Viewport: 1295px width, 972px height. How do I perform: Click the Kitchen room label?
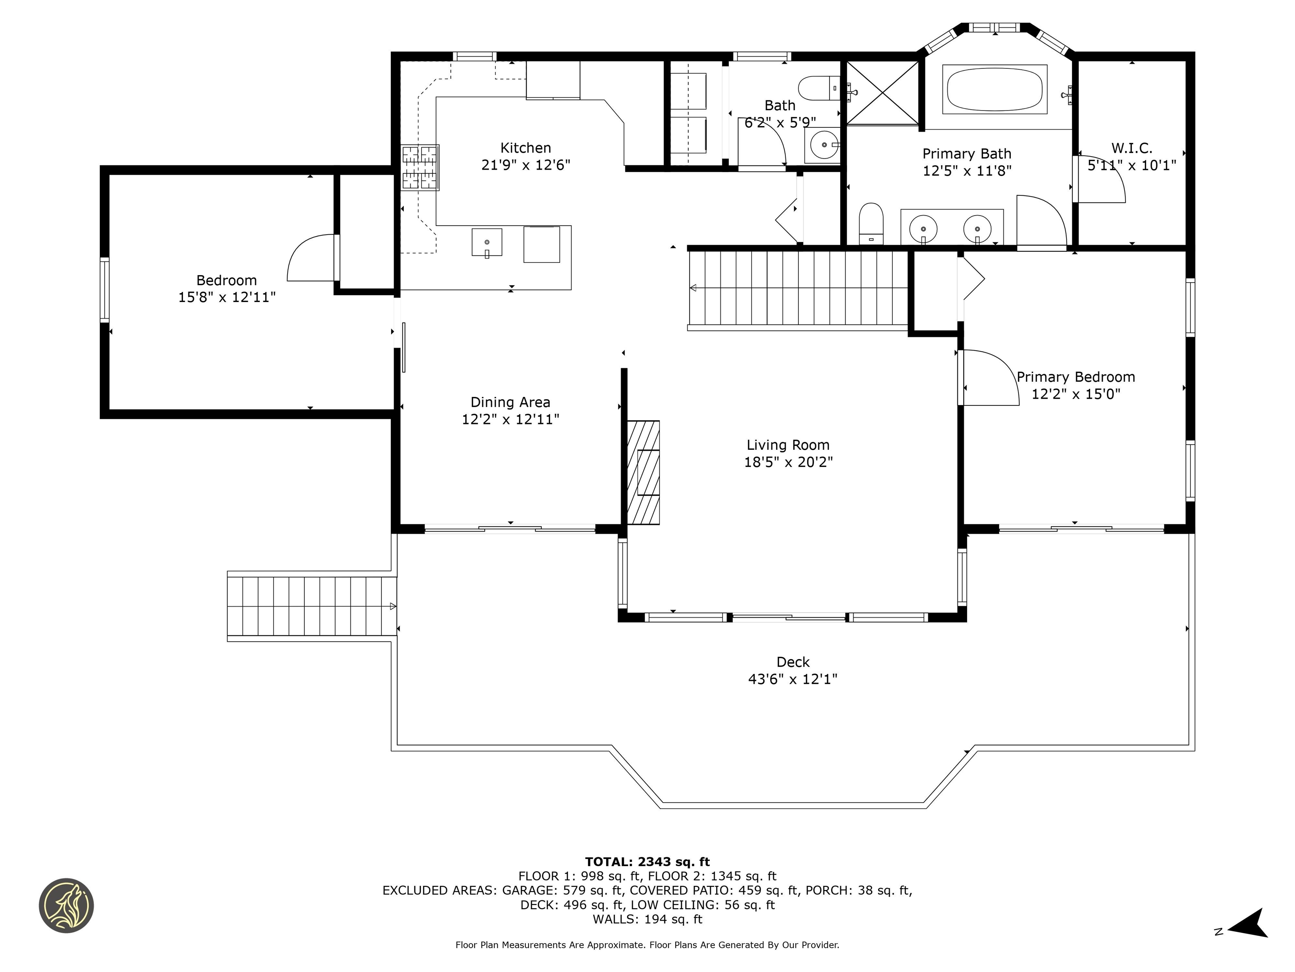525,148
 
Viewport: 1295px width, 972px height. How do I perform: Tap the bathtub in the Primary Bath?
994,89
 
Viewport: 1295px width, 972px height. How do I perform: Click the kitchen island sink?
486,243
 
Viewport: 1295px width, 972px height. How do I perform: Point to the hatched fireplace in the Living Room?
643,472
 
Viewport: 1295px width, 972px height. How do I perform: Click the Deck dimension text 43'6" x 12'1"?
793,679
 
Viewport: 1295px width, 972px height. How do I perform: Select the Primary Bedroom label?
1075,377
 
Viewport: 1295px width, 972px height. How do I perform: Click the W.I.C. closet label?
1131,148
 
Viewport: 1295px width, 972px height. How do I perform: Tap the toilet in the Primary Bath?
870,223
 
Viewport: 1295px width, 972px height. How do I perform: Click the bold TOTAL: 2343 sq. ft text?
647,862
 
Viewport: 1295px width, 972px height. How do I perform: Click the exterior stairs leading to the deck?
310,606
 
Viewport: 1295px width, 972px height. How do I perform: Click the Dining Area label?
510,402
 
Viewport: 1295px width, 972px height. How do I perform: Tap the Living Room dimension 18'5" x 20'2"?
788,462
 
